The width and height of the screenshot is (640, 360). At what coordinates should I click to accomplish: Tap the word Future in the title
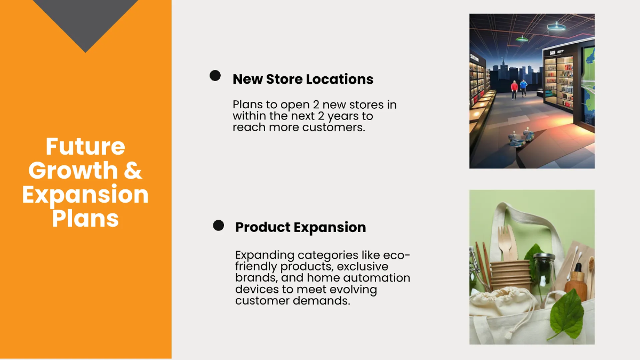click(85, 147)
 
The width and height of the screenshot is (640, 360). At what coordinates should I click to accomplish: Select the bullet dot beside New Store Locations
click(215, 76)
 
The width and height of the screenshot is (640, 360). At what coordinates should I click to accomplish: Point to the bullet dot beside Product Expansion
click(218, 226)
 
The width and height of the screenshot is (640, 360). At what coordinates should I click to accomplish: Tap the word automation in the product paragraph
click(378, 278)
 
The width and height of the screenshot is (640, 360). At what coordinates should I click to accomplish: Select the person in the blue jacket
click(524, 89)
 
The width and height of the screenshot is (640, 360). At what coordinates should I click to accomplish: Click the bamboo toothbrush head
click(591, 264)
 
